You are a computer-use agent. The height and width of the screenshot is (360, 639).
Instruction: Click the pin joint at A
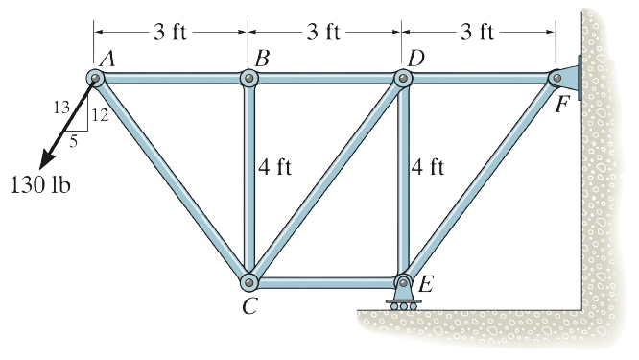[95, 78]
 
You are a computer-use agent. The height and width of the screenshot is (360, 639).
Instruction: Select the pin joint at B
[248, 78]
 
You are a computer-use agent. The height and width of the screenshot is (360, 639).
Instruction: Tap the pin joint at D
[402, 78]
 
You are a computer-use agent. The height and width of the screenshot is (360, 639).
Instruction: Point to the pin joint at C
[248, 282]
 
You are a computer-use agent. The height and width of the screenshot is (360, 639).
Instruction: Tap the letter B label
[261, 60]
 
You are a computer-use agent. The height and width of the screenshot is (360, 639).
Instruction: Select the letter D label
[415, 58]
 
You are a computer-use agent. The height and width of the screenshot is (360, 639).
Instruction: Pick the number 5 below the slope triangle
[73, 139]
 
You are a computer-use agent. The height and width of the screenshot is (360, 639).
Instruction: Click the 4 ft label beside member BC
[274, 168]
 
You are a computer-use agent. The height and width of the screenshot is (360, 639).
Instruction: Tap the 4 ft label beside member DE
[428, 168]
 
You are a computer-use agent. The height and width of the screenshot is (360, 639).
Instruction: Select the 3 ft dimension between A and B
[171, 32]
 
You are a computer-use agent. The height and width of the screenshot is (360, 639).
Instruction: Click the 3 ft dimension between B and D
[324, 32]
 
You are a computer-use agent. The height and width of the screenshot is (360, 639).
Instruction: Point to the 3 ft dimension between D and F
[478, 32]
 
